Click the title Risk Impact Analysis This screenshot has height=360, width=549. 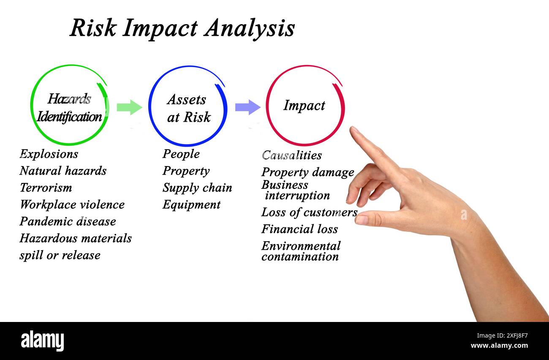tap(182, 28)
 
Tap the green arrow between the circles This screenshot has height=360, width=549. tap(129, 107)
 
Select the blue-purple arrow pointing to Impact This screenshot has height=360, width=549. tap(247, 107)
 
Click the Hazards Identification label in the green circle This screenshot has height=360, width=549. tap(69, 108)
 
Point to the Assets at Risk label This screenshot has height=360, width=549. tap(188, 108)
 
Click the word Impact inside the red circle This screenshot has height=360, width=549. tap(304, 106)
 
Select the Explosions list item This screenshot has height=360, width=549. tap(49, 154)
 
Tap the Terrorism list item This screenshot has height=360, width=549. tap(46, 188)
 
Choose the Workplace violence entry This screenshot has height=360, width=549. tap(72, 205)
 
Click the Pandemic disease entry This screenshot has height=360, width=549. tap(68, 221)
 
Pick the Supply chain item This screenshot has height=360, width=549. tap(197, 188)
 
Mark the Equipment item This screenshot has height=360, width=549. tap(191, 205)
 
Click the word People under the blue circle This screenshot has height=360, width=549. tap(181, 154)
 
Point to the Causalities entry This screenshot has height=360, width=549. tap(292, 155)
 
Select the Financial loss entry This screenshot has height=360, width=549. tap(299, 229)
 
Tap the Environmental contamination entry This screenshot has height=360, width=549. tap(301, 251)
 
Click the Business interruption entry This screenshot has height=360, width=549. tap(295, 190)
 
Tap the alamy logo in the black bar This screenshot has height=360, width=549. tap(42, 341)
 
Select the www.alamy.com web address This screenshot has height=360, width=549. tap(499, 346)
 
